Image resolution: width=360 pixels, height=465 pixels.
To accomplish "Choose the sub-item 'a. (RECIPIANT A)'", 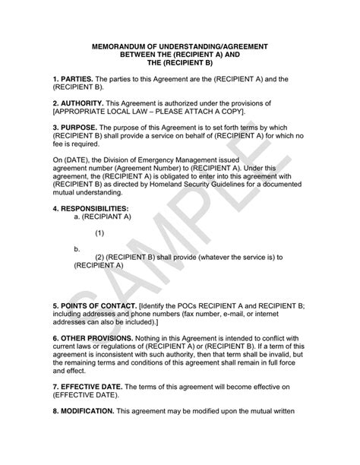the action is pos(103,216).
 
